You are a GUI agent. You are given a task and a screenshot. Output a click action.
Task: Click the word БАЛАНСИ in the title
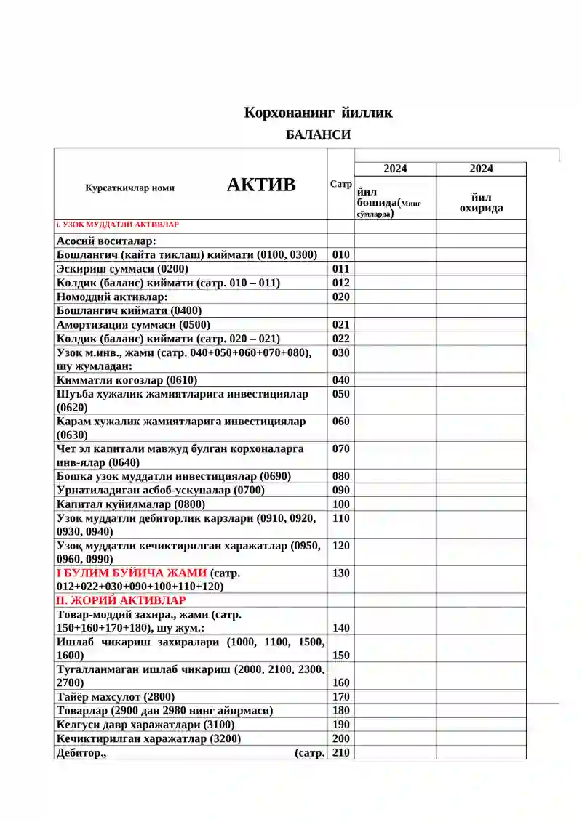318,134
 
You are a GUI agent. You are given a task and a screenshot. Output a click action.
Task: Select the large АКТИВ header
261,185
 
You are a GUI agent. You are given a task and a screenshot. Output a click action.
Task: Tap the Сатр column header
340,185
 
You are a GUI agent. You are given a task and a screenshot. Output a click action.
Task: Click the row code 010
340,255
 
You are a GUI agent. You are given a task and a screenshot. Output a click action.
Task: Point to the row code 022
340,339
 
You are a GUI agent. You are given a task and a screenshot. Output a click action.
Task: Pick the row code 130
340,573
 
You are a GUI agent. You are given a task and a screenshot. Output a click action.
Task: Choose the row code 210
340,753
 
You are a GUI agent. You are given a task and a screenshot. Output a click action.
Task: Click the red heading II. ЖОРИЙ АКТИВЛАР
121,600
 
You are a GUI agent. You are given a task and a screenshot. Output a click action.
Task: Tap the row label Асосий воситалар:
107,241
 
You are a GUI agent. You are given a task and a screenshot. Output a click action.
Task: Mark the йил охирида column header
481,203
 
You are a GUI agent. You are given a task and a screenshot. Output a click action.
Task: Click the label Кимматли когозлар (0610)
127,380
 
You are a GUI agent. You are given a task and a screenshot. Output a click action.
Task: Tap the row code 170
340,697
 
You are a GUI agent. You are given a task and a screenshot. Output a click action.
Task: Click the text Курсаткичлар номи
129,188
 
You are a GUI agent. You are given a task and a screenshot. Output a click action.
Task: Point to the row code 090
340,491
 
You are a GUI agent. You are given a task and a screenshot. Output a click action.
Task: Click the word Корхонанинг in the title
289,113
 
